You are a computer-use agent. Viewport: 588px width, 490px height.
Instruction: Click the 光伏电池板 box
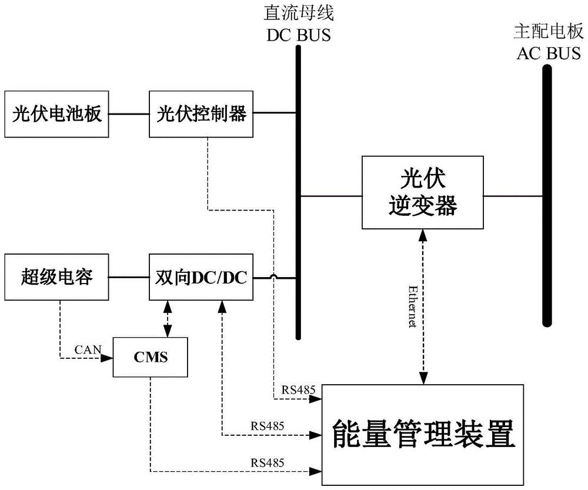(58, 114)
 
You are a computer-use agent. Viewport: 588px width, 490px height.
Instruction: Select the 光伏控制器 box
(201, 114)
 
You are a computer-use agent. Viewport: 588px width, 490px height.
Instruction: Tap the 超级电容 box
(58, 276)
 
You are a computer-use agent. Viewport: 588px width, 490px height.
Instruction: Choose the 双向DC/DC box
(201, 276)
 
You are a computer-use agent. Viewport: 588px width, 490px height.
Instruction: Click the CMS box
(150, 357)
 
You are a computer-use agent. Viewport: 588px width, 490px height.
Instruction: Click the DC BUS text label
(299, 35)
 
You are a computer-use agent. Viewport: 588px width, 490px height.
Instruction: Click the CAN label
(86, 350)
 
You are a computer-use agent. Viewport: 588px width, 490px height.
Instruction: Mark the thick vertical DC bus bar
(299, 191)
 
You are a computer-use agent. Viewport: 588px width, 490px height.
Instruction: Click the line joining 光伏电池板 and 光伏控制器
(130, 114)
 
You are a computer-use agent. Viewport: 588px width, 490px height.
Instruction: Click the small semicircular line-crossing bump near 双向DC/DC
(274, 276)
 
